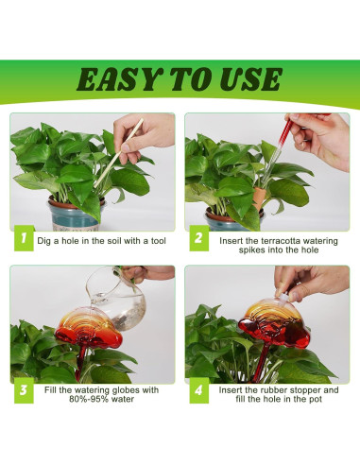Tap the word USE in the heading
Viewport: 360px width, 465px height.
point(250,79)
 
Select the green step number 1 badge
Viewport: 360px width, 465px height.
point(24,238)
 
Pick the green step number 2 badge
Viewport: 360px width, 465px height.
point(198,238)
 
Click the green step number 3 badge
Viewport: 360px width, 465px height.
point(24,390)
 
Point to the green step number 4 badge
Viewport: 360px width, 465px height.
point(198,390)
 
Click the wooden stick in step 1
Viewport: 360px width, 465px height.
point(118,153)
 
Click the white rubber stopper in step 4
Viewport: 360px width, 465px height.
point(283,298)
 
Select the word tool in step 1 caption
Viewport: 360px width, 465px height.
point(159,241)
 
